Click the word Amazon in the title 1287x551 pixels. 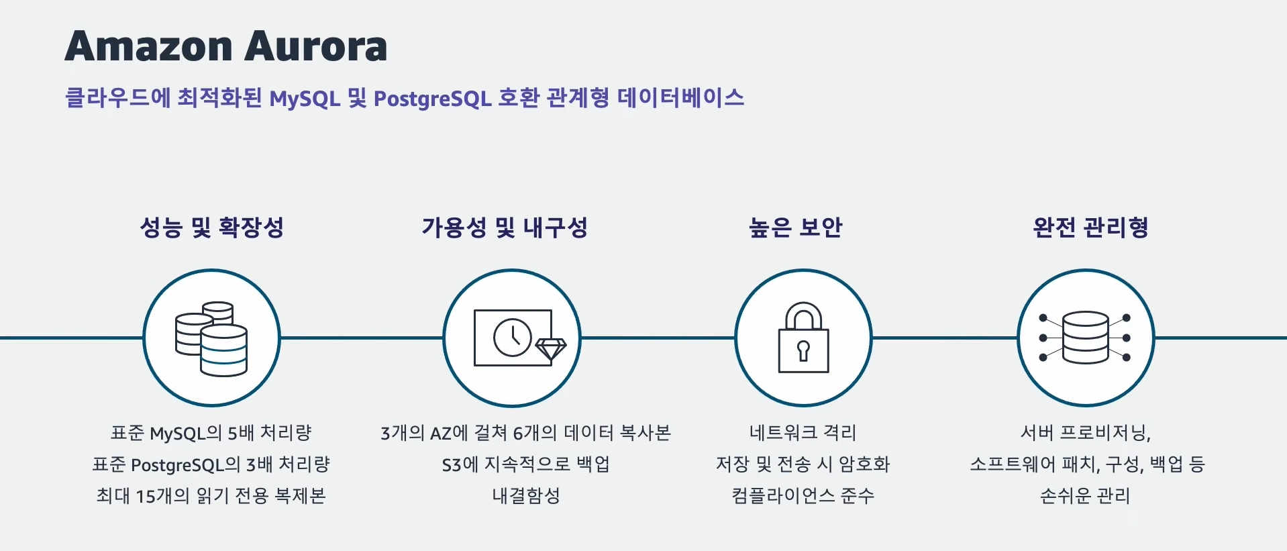point(148,46)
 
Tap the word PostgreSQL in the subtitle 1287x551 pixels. point(432,99)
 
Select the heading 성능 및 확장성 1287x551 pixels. point(211,228)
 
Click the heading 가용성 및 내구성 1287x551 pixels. point(505,228)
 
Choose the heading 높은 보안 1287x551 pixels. point(795,228)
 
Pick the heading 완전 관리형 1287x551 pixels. point(1090,228)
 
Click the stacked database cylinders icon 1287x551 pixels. point(211,338)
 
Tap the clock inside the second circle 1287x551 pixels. point(513,337)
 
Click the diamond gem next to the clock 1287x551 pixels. point(551,349)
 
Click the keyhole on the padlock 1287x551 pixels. point(803,350)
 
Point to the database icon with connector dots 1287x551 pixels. point(1085,338)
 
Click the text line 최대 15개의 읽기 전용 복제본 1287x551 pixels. point(211,496)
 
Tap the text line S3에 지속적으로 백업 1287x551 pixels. point(525,464)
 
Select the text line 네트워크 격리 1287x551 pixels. point(803,433)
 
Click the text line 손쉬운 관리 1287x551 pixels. point(1085,496)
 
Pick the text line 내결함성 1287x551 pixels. point(525,496)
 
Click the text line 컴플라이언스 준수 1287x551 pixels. point(803,496)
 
